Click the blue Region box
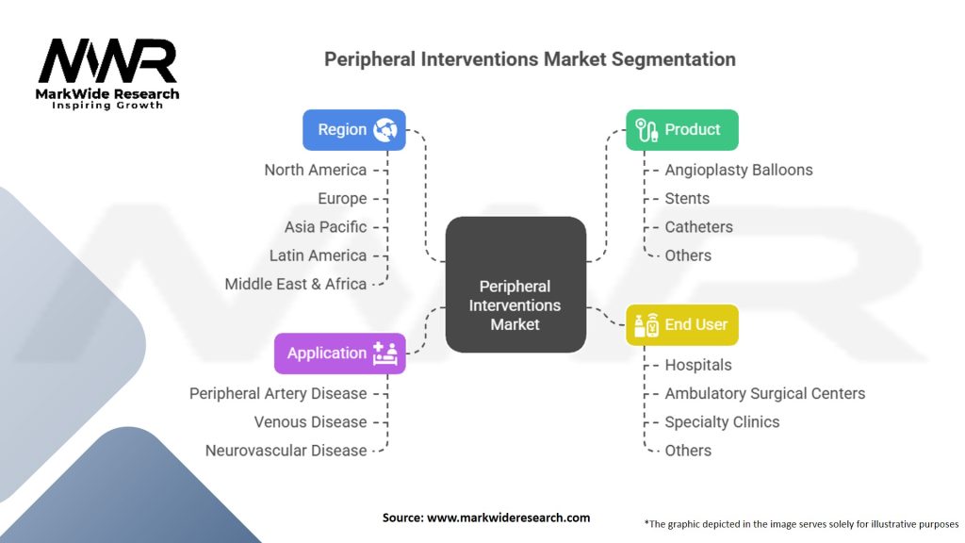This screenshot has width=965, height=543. (x=353, y=130)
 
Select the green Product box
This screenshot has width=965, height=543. (x=682, y=130)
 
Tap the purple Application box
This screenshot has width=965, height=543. (x=339, y=354)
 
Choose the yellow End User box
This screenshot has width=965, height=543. (x=682, y=324)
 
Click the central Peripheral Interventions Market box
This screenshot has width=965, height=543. (x=515, y=285)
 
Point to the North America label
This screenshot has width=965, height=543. (x=316, y=170)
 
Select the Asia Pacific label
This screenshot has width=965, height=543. (x=325, y=227)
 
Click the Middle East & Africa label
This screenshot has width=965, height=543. (x=296, y=284)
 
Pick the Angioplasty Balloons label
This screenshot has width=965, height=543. (x=739, y=170)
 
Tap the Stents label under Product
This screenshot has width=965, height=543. (x=687, y=198)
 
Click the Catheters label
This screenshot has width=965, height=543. (x=698, y=227)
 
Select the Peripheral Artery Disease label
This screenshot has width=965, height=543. (x=278, y=393)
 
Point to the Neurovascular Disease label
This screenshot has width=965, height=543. (x=286, y=451)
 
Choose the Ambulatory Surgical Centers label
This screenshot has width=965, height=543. (x=764, y=393)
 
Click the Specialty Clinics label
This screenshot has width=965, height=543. (x=722, y=421)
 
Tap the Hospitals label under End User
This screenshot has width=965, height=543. (x=698, y=365)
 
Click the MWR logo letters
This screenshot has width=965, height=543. (x=107, y=62)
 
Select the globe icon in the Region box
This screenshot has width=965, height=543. (x=384, y=130)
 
